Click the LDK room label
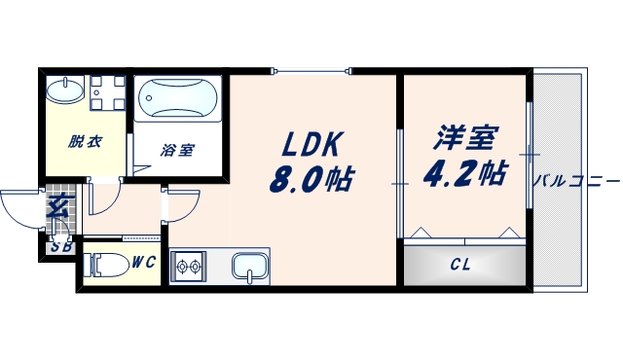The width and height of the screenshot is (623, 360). pos(310,144)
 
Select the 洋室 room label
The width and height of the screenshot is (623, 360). pos(461,137)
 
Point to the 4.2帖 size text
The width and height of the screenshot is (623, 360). pos(464,173)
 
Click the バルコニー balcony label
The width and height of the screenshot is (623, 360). pos(576,181)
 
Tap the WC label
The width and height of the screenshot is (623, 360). pos(144,261)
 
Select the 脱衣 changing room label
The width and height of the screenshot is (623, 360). pos(85,142)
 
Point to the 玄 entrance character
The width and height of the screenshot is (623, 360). pos(58,206)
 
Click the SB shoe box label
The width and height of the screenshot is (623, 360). pos(60,245)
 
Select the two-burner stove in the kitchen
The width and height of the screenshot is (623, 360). pos(187,266)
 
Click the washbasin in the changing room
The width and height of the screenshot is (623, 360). pos(66,92)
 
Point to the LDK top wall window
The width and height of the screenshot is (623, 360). pos(311,69)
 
